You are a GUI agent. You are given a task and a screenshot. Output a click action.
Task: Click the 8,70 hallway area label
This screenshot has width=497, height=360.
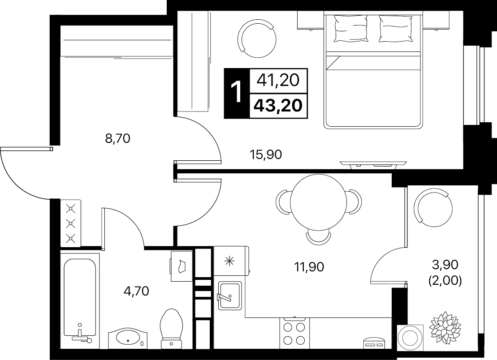(x=117, y=138)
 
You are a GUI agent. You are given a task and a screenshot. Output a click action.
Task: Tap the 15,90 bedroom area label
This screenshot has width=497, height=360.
(x=266, y=154)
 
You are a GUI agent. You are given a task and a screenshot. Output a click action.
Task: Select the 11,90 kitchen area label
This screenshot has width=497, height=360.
(x=309, y=267)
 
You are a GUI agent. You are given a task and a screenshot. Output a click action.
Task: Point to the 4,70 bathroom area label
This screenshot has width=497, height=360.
(x=136, y=291)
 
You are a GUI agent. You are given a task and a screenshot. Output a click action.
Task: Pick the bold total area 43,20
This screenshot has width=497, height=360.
(x=278, y=105)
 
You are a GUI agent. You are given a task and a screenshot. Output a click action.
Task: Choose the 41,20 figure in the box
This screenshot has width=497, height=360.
(x=278, y=80)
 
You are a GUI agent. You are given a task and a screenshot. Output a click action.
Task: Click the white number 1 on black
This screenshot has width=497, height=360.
(x=237, y=93)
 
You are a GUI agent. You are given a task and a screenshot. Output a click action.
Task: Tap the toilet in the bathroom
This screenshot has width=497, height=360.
(x=172, y=329)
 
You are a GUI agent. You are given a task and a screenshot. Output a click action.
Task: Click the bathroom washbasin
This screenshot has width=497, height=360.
(x=128, y=337)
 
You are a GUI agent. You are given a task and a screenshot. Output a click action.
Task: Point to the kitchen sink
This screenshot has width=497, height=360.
(x=229, y=296)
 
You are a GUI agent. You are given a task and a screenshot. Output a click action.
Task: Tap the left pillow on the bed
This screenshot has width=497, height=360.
(x=350, y=29)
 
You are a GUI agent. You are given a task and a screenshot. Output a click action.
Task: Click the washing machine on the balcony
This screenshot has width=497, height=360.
(x=410, y=337)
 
